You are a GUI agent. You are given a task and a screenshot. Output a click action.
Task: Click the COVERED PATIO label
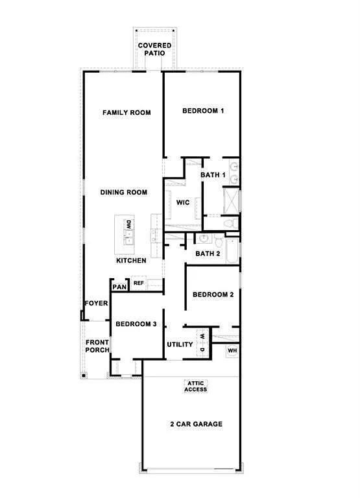[x=154, y=49]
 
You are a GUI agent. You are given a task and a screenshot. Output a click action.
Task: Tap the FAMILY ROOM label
[x=126, y=113]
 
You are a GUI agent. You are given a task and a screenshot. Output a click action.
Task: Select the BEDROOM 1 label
[x=203, y=111]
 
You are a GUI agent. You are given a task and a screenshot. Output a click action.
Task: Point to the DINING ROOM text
[x=123, y=193]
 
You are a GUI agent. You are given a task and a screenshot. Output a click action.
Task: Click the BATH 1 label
[x=213, y=176]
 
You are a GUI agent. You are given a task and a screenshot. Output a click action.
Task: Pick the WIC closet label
[x=183, y=203]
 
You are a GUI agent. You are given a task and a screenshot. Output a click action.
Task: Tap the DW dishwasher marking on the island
[x=129, y=225]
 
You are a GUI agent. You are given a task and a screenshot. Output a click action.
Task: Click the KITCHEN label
[x=131, y=261]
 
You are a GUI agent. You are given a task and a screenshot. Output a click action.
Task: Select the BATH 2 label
[x=208, y=254]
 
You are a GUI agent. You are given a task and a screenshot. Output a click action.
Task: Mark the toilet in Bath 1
[x=228, y=223]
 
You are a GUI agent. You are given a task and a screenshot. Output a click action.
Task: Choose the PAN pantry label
[x=119, y=287]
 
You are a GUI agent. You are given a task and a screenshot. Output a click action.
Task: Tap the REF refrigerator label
[x=138, y=283]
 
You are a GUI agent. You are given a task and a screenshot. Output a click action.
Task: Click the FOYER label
[x=96, y=303]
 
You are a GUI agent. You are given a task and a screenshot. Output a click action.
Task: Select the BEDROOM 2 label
[x=213, y=295]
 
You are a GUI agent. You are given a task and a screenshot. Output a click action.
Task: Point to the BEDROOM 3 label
[x=136, y=324]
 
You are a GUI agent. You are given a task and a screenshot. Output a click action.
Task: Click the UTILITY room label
[x=180, y=344]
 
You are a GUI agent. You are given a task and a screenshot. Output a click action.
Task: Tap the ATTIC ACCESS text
[x=196, y=386]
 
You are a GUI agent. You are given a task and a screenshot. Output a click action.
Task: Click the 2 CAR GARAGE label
[x=196, y=424]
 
